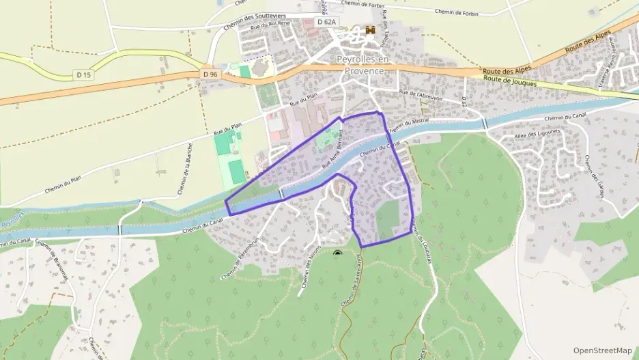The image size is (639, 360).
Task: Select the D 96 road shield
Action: pyautogui.click(x=210, y=74)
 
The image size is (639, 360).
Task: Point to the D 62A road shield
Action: pyautogui.click(x=327, y=22)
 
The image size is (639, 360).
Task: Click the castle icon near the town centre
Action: pyautogui.click(x=371, y=29)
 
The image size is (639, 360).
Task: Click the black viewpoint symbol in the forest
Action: pyautogui.click(x=337, y=253)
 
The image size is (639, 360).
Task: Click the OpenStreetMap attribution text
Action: pyautogui.click(x=602, y=350)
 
